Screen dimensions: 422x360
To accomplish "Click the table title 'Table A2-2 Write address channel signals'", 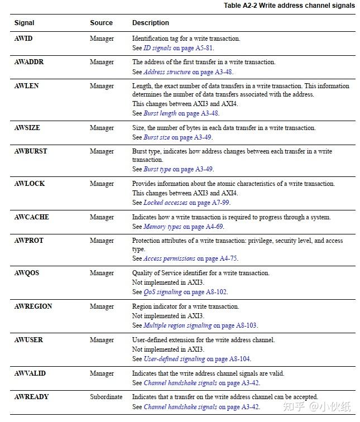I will point(289,6).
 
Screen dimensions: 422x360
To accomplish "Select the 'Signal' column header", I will point(24,23).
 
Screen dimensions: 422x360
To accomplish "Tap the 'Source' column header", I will point(101,23).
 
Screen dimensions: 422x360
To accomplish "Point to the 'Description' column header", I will point(150,23).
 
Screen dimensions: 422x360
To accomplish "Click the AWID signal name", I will point(23,39).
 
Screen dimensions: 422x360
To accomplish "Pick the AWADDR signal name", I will point(28,62).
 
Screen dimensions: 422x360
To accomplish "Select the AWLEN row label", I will point(26,86).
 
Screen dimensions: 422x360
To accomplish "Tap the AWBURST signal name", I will point(31,151).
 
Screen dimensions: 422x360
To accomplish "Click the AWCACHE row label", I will point(31,217).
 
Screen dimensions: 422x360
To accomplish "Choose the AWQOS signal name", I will point(26,273).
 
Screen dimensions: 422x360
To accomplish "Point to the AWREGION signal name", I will point(33,306).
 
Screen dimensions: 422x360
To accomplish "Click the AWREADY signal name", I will point(31,397).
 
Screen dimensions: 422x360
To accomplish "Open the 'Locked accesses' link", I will point(166,203).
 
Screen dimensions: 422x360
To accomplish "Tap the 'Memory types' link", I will point(162,227).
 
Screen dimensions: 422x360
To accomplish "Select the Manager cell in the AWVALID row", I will point(102,373).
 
